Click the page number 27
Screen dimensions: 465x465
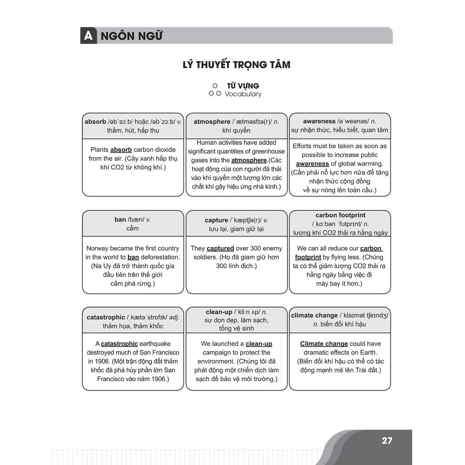click(x=387, y=440)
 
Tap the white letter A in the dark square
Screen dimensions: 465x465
click(x=88, y=36)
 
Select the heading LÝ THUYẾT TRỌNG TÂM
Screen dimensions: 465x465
click(x=236, y=64)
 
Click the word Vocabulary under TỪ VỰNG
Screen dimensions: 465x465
click(x=243, y=94)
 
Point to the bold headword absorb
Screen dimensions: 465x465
click(x=95, y=122)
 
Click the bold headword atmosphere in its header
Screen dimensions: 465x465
click(x=212, y=122)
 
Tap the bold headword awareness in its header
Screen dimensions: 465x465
click(x=319, y=121)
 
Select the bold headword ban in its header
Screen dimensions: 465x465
click(x=120, y=219)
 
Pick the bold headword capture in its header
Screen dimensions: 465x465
click(x=216, y=220)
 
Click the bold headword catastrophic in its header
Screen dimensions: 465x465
click(x=106, y=317)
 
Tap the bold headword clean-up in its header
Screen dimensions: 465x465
click(x=219, y=312)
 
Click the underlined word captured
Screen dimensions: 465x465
click(x=220, y=248)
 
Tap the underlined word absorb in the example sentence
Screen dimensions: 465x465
click(x=121, y=149)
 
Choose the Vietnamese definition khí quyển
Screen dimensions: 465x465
click(x=236, y=131)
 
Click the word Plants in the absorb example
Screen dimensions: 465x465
click(x=99, y=149)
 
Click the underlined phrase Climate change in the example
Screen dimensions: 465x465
click(x=324, y=344)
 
